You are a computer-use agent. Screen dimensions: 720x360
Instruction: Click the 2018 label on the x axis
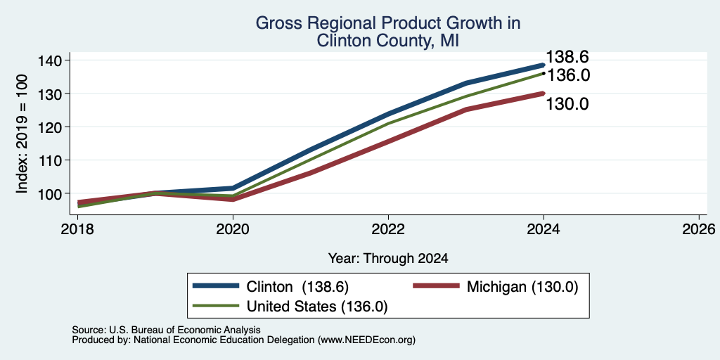(77, 229)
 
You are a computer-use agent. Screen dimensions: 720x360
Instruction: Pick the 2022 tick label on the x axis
(388, 229)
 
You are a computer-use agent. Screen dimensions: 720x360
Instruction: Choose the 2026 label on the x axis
(698, 229)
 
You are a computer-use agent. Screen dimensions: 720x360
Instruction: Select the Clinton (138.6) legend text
(298, 287)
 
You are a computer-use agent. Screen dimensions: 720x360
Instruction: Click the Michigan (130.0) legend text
(522, 287)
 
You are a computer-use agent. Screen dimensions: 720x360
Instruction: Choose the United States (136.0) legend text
(317, 307)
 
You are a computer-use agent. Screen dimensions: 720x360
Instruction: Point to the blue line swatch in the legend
(216, 286)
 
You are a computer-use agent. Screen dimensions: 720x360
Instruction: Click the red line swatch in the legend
(436, 286)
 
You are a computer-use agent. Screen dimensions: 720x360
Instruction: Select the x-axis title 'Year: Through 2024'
(388, 259)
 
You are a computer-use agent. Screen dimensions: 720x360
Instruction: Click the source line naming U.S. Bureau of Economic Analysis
(166, 330)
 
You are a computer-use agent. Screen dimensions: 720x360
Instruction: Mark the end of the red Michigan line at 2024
(544, 94)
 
